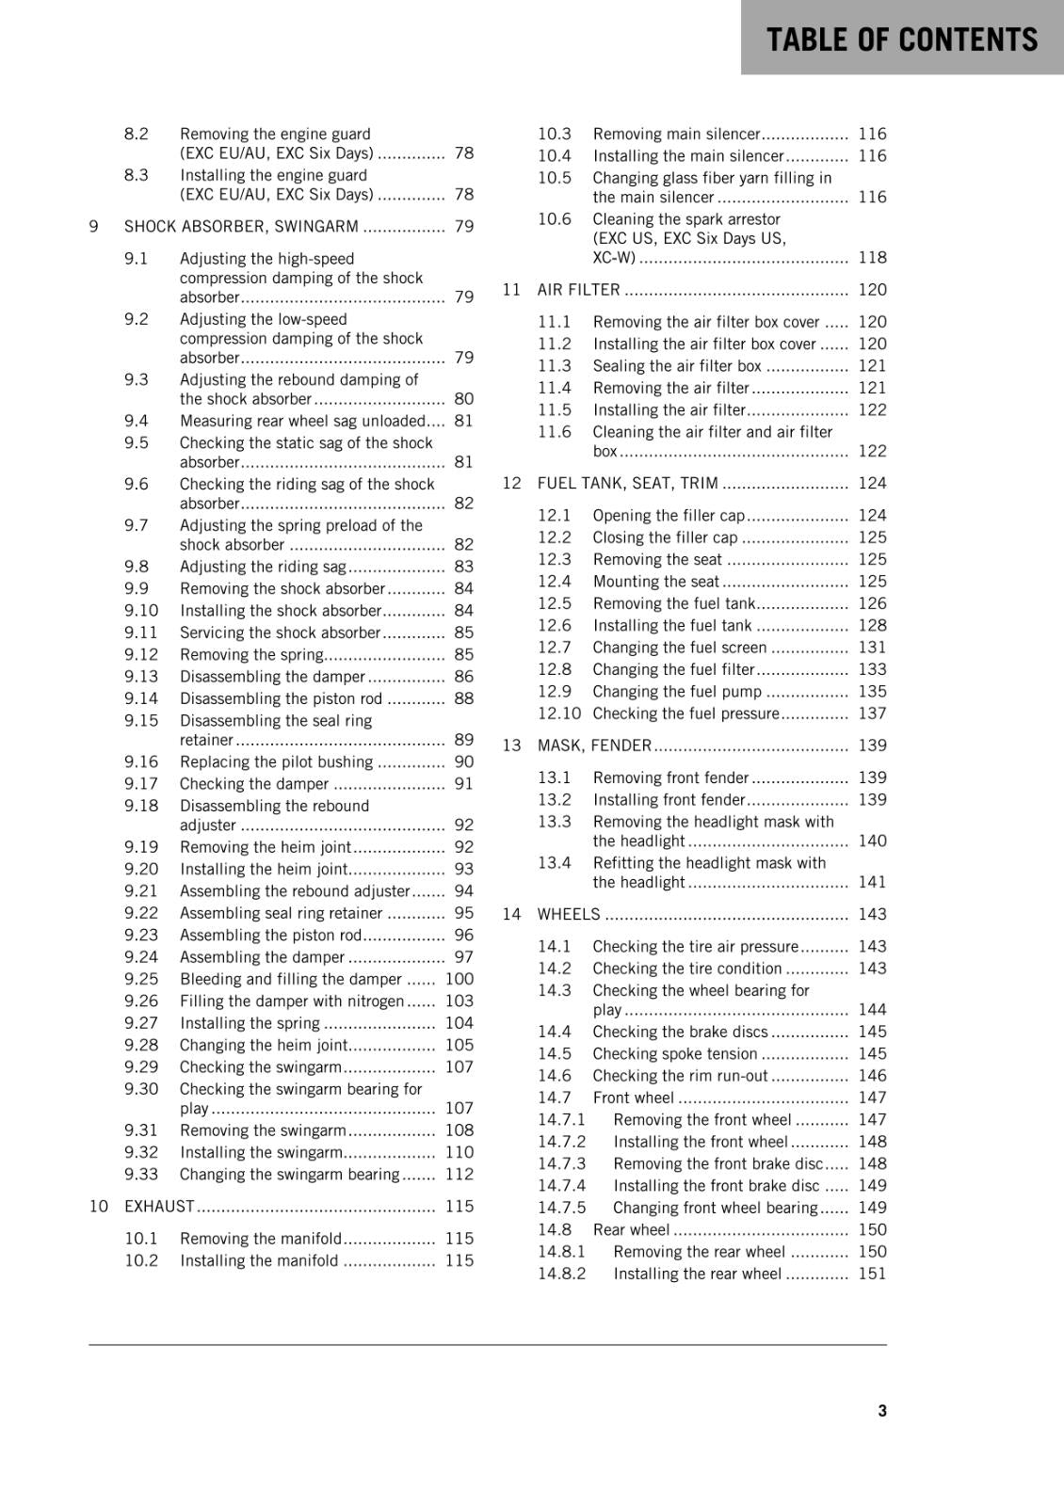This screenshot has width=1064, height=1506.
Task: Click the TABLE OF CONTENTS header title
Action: (901, 40)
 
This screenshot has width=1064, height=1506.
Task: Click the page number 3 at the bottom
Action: (881, 1410)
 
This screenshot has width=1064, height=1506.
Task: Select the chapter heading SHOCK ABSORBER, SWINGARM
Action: (241, 226)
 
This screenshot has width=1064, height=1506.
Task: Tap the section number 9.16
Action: (141, 761)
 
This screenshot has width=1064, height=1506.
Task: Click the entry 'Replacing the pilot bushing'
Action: (276, 761)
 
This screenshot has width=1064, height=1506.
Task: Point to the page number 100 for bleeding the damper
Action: (459, 979)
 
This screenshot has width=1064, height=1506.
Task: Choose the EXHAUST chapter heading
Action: (159, 1206)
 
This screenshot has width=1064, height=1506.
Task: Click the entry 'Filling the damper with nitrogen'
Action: (292, 1001)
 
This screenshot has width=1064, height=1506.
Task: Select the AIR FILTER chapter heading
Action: (578, 289)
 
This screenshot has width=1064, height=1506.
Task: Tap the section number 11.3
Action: (555, 365)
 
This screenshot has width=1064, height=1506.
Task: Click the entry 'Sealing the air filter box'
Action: (677, 365)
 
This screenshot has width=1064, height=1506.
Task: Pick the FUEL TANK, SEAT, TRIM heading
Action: (627, 483)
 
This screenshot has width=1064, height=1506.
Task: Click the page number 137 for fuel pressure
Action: (872, 713)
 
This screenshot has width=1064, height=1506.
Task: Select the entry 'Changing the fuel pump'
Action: (677, 691)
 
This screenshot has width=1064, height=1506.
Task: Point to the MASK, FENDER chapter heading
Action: (594, 745)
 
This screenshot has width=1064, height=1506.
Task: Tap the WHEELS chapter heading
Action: (568, 914)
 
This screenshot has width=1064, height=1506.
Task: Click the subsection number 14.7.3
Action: (561, 1163)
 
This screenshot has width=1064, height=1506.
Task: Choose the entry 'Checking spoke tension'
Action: (674, 1053)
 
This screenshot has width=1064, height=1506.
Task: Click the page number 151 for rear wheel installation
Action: (872, 1274)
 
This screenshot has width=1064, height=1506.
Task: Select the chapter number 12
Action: (511, 483)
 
